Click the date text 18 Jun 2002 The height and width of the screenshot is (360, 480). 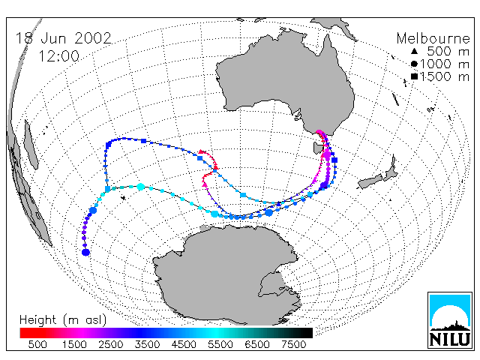(x=63, y=38)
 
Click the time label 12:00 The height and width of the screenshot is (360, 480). (x=58, y=56)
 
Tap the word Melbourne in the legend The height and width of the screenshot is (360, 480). (x=433, y=38)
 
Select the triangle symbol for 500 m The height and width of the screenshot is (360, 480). (x=414, y=51)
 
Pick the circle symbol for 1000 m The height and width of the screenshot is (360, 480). (x=414, y=64)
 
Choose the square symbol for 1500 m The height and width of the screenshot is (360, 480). (x=414, y=76)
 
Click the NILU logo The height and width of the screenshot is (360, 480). (x=450, y=320)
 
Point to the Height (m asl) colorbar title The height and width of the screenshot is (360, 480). (x=63, y=320)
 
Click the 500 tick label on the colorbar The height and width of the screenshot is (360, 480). (x=37, y=344)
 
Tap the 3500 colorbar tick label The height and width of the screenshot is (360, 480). (x=147, y=344)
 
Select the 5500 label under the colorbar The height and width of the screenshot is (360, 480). (x=220, y=344)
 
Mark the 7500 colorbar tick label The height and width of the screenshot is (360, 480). (x=293, y=344)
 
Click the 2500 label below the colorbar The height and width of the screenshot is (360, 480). (x=110, y=344)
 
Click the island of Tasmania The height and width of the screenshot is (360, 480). (x=318, y=148)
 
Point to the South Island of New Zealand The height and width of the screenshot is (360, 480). (x=371, y=181)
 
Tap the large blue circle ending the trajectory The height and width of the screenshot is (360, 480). (x=85, y=253)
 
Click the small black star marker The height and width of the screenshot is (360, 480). (x=123, y=198)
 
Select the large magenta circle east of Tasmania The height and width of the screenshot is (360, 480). (x=327, y=155)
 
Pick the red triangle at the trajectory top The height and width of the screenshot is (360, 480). (x=201, y=151)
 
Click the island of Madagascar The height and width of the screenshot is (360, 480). (x=31, y=145)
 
